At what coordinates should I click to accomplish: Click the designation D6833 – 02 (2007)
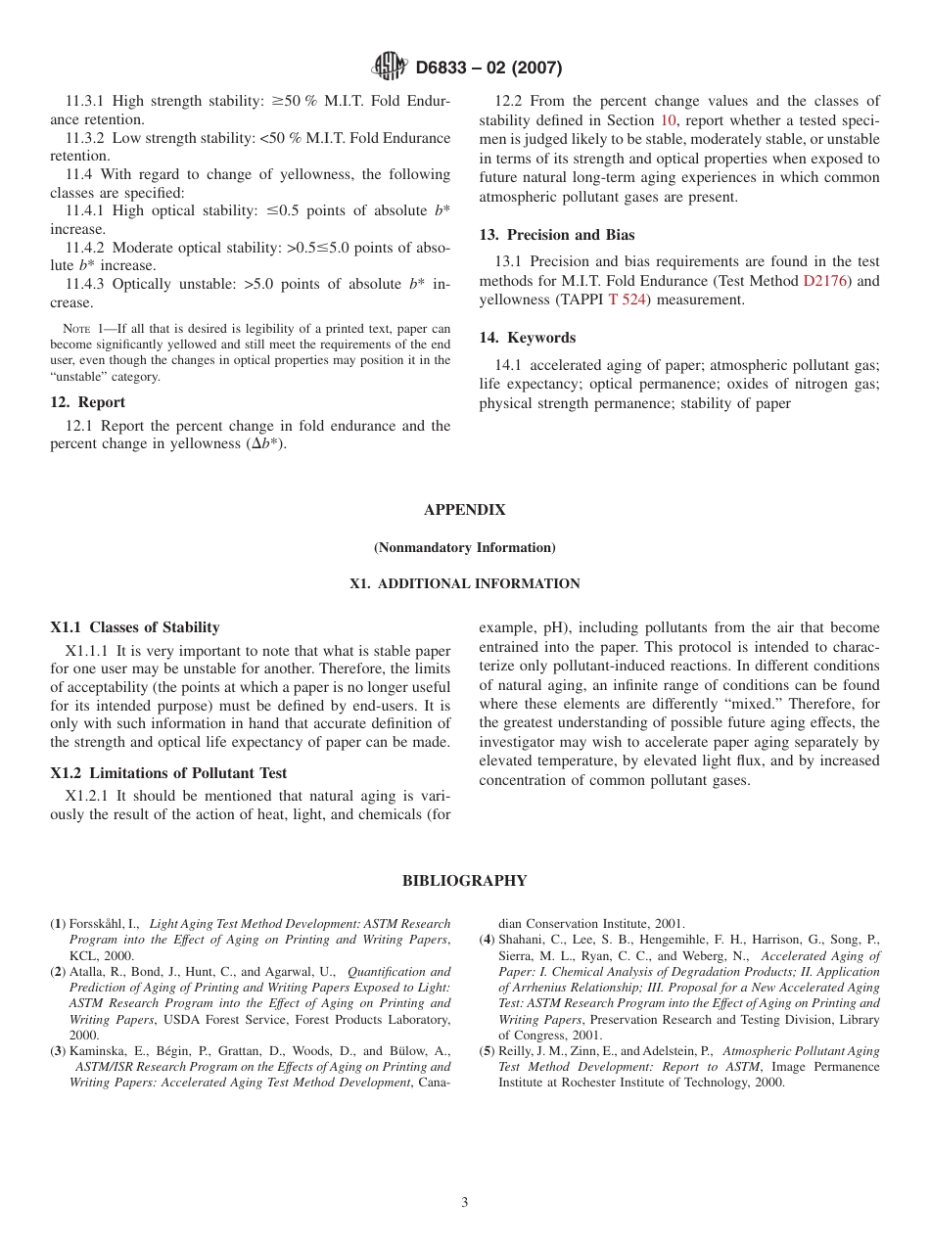pyautogui.click(x=488, y=68)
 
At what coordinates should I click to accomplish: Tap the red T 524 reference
pyautogui.click(x=627, y=300)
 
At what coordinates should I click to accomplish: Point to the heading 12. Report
pyautogui.click(x=87, y=402)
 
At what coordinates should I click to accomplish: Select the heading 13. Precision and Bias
pyautogui.click(x=556, y=235)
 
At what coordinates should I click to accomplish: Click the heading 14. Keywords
pyautogui.click(x=527, y=338)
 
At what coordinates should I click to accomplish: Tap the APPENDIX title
pyautogui.click(x=464, y=510)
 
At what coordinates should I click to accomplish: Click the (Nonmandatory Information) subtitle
pyautogui.click(x=464, y=547)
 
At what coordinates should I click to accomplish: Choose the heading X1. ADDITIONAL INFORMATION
pyautogui.click(x=464, y=584)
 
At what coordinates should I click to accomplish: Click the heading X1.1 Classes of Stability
pyautogui.click(x=134, y=627)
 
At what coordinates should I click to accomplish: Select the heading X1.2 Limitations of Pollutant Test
pyautogui.click(x=168, y=773)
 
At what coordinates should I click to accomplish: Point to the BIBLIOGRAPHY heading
pyautogui.click(x=464, y=881)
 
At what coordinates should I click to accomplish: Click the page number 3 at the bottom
pyautogui.click(x=464, y=1203)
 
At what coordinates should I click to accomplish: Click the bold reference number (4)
pyautogui.click(x=487, y=940)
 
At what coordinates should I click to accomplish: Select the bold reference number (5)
pyautogui.click(x=487, y=1051)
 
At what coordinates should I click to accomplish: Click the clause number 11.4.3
pyautogui.click(x=86, y=285)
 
